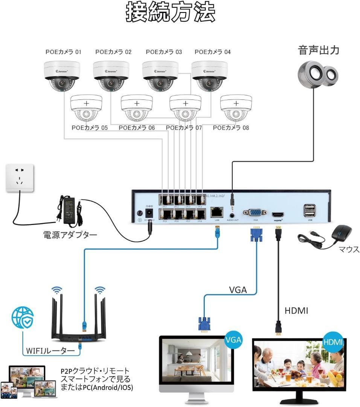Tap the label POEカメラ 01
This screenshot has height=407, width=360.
(x=63, y=52)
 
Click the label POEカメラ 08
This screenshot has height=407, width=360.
(x=231, y=128)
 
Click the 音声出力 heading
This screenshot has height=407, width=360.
(x=319, y=50)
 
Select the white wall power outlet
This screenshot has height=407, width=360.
(x=20, y=178)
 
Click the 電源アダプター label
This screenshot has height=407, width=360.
(x=70, y=235)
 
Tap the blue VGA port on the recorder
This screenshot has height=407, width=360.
(x=255, y=212)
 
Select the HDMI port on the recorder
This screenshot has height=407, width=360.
(x=278, y=214)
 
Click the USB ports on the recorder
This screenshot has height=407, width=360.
(x=310, y=210)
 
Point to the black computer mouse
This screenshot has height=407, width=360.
(x=342, y=234)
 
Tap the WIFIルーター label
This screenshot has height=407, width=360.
(x=50, y=350)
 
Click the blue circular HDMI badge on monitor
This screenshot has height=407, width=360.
(x=333, y=342)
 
